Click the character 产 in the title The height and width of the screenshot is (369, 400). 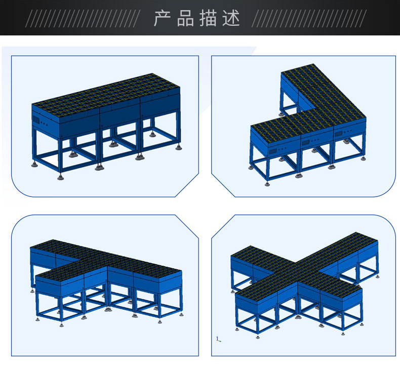pos(162,18)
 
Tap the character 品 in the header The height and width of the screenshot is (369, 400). pos(185,18)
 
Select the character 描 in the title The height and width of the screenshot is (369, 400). pos(209,18)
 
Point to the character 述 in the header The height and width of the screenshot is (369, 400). pos(231,18)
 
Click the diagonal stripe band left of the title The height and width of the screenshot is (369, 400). pos(83,18)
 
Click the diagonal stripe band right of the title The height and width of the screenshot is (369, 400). pos(309,18)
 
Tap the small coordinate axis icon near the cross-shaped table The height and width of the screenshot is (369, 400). pos(218,339)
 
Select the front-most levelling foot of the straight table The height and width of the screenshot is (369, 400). pos(60,178)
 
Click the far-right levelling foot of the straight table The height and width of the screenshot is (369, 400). pos(179,148)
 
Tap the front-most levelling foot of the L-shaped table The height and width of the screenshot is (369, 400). pos(267,184)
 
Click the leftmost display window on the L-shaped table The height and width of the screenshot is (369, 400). pos(273,151)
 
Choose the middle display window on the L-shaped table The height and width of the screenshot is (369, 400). pos(305,142)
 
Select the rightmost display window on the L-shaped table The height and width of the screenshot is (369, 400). pos(338,134)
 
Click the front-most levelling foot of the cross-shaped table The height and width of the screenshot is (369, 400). pos(257,337)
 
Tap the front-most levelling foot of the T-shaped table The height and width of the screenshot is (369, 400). pos(61,325)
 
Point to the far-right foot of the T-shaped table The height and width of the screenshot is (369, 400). pos(181,315)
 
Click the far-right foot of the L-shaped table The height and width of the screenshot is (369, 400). pos(363,158)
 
